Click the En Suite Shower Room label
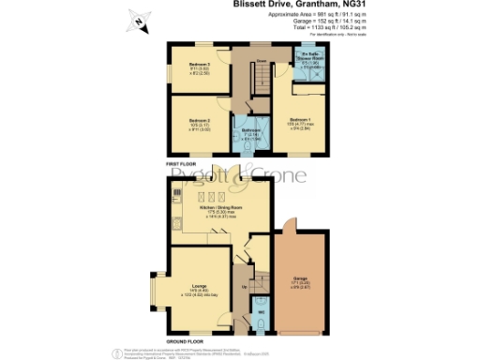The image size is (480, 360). [x=312, y=59]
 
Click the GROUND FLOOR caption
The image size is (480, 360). [x=186, y=340]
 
